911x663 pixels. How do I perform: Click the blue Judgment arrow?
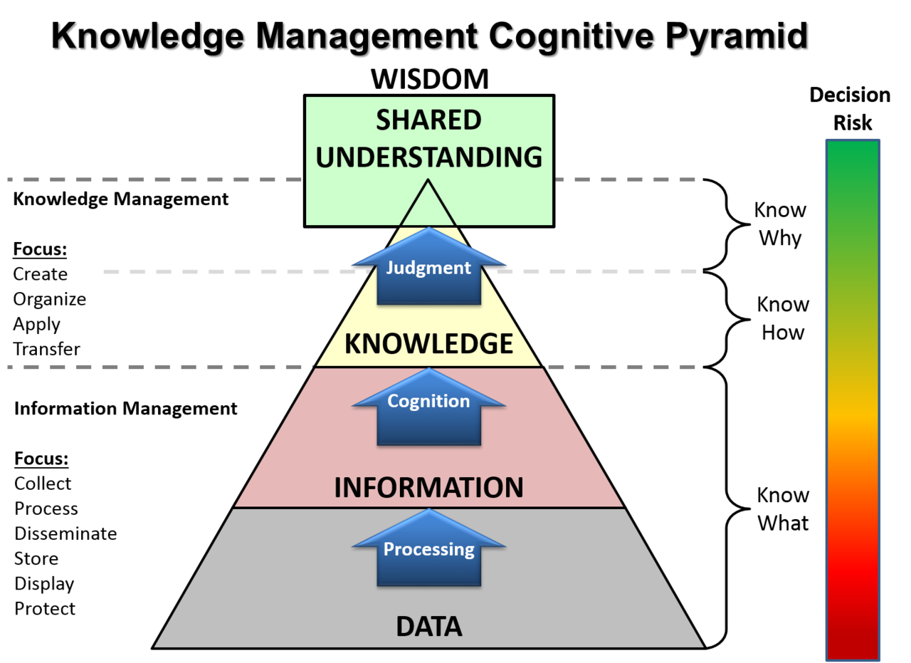click(x=429, y=266)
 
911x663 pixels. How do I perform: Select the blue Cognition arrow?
click(x=429, y=407)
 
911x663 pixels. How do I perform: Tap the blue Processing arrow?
click(x=429, y=548)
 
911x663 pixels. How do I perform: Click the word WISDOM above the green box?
click(x=430, y=79)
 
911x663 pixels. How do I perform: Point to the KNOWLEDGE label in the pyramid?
click(x=428, y=344)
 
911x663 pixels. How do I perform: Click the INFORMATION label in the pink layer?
click(x=428, y=487)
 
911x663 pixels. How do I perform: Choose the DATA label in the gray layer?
click(x=429, y=627)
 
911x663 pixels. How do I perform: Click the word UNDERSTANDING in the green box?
click(x=429, y=157)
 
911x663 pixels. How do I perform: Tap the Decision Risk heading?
click(x=850, y=109)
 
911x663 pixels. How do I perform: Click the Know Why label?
click(x=780, y=224)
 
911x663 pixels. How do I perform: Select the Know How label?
click(x=783, y=318)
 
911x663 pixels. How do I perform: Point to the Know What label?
click(x=783, y=509)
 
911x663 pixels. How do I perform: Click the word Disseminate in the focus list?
click(x=65, y=533)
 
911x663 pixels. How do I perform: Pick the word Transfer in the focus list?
click(x=46, y=349)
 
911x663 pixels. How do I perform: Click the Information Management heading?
click(x=126, y=409)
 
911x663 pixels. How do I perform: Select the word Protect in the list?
click(x=45, y=609)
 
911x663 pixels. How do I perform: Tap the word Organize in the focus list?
click(x=50, y=300)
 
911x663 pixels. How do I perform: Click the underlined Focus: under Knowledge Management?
click(x=40, y=249)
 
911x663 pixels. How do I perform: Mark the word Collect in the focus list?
click(x=43, y=484)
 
